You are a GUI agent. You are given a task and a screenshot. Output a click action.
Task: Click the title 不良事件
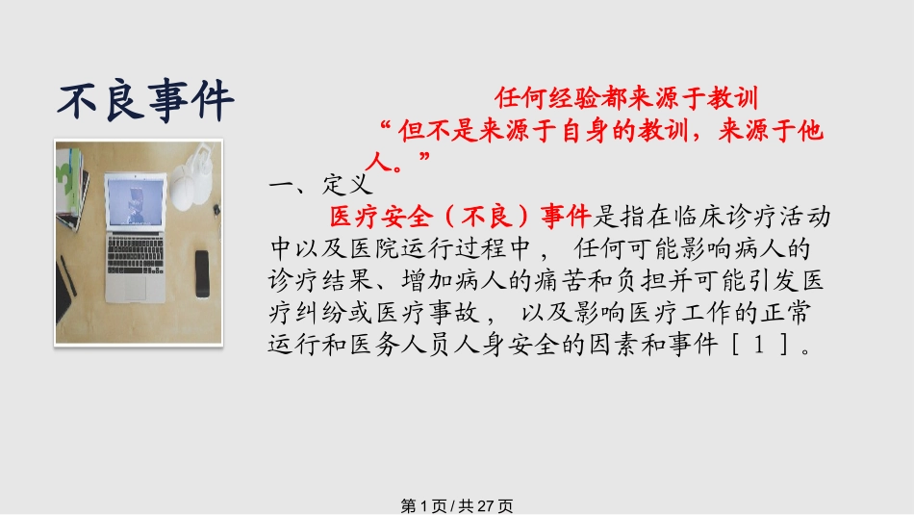click(145, 99)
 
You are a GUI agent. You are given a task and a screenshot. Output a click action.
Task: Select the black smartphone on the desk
click(201, 273)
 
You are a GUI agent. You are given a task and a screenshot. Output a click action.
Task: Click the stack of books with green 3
click(69, 183)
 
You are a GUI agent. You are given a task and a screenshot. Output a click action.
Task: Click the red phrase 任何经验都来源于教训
click(626, 98)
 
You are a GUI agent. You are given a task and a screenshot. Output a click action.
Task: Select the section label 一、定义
click(317, 183)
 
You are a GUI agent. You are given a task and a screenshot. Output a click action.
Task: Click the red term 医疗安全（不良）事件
click(461, 217)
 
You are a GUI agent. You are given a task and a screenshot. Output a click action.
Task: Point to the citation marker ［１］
click(766, 344)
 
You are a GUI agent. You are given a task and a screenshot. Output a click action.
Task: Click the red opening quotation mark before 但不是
click(386, 128)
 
